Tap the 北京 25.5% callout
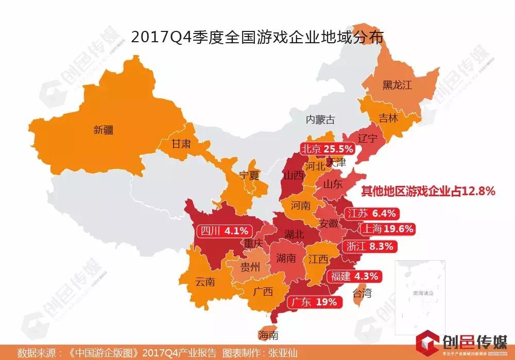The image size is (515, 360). [x=328, y=149]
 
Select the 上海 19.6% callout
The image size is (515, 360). [x=386, y=229]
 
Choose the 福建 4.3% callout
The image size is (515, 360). [x=355, y=276]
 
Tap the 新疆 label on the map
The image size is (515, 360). [x=103, y=130]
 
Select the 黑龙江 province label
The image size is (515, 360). [x=397, y=85]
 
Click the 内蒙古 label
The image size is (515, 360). [x=320, y=119]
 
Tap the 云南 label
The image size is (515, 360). [x=205, y=282]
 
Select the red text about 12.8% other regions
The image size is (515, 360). [x=427, y=192]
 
